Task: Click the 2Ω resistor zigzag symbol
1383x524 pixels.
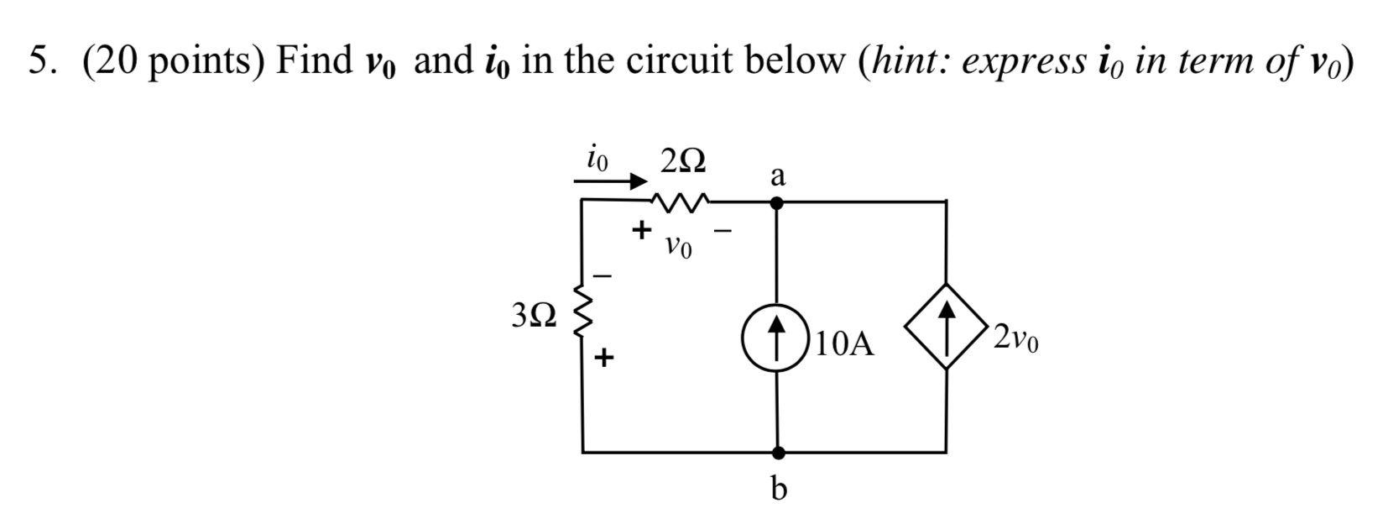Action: point(681,202)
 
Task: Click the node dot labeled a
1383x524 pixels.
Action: point(778,202)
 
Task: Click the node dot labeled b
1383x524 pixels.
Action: point(779,453)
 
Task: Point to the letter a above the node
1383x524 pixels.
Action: point(778,176)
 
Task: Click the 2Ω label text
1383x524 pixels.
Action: point(682,160)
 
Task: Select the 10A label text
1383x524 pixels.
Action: point(844,344)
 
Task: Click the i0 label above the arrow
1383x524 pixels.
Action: point(598,156)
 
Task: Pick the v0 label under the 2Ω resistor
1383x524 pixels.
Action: point(678,248)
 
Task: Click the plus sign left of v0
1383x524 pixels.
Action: point(642,228)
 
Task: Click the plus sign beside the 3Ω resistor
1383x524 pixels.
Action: point(604,359)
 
